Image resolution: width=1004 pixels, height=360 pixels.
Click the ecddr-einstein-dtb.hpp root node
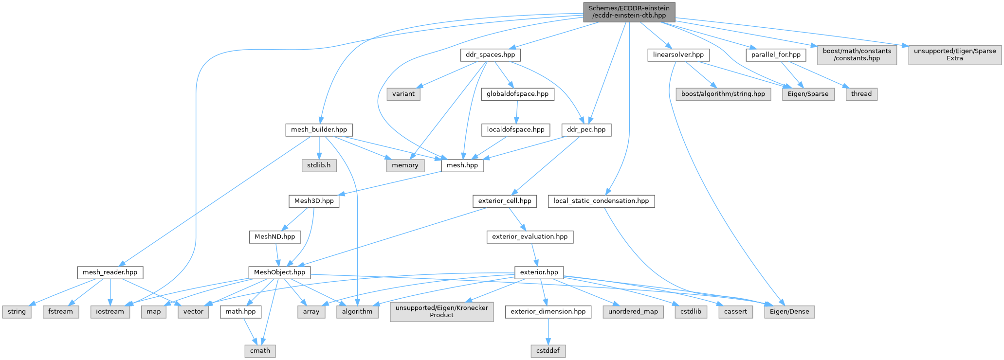click(629, 12)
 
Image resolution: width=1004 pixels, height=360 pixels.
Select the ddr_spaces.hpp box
click(490, 55)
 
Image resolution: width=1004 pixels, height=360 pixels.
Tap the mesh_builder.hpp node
click(319, 130)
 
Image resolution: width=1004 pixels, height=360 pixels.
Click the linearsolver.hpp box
click(678, 55)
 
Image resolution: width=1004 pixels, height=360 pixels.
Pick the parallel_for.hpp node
click(775, 55)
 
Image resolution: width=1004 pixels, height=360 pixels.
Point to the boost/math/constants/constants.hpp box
click(857, 54)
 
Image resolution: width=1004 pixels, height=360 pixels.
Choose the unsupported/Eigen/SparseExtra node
click(954, 54)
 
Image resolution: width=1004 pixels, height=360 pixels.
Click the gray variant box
click(403, 94)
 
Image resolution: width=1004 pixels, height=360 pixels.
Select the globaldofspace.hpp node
click(517, 94)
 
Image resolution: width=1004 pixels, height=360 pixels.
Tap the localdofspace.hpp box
click(516, 130)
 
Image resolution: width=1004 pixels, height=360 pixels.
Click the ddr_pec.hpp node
click(586, 130)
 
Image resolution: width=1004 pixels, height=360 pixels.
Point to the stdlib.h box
click(319, 165)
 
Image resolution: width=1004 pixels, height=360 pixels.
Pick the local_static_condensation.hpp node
click(601, 201)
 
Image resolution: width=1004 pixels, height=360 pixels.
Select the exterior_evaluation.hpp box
click(529, 237)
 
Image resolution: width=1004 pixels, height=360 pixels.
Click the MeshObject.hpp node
click(279, 272)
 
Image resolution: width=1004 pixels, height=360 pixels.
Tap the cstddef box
click(548, 351)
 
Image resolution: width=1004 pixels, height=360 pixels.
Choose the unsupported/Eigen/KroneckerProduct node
click(441, 311)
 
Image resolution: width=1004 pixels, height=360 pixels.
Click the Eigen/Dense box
click(789, 312)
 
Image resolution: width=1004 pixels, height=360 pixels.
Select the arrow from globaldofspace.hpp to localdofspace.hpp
click(517, 112)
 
